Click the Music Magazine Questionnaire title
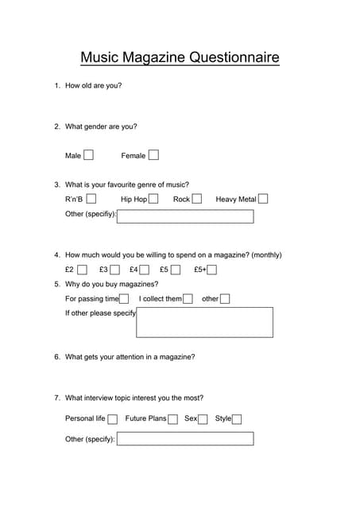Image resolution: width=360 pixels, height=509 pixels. point(180,57)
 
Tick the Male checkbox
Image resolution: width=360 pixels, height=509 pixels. point(88,155)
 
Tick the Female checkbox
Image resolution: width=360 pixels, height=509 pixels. point(153,155)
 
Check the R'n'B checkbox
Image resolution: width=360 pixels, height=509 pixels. point(91,199)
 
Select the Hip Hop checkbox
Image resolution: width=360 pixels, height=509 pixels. point(153,199)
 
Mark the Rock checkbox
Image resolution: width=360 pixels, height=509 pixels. point(196,199)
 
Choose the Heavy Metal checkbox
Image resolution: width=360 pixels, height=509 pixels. point(263,199)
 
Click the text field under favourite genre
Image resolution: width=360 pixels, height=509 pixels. point(185,216)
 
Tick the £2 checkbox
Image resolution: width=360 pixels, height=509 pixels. point(83,270)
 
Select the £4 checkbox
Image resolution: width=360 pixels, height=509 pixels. point(145,270)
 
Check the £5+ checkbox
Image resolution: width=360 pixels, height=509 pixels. point(212,270)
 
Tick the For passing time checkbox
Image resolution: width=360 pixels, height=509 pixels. point(124,299)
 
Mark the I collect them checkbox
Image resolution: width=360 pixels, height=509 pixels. point(188,299)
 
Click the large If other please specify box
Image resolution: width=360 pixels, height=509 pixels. point(204,322)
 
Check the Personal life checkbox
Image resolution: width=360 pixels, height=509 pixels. point(112,419)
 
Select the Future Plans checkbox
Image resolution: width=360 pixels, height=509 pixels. point(172,419)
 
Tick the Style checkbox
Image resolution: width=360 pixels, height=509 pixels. point(237,419)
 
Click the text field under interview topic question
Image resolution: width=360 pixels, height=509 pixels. point(185,439)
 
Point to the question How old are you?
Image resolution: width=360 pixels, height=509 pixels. point(93,85)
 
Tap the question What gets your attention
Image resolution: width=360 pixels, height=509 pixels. point(130,357)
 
